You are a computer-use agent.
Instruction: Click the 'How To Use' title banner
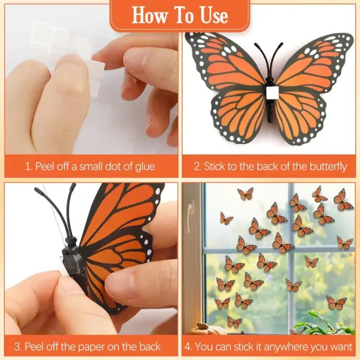pyautogui.click(x=179, y=14)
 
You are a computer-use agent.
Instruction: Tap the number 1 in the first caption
pyautogui.click(x=27, y=166)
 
